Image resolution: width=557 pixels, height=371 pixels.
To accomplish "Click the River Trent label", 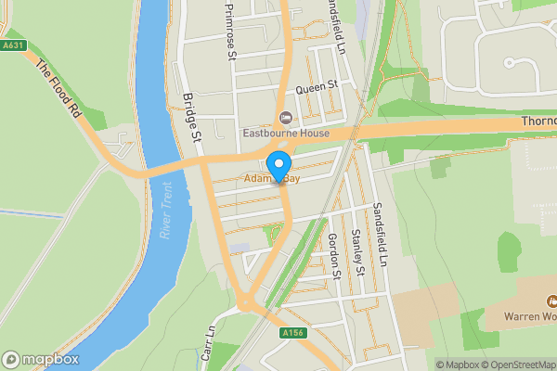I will pyautogui.click(x=166, y=212).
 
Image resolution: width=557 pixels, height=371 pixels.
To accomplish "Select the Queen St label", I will pyautogui.click(x=315, y=88).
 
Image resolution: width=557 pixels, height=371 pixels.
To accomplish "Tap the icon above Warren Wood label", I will pyautogui.click(x=551, y=301).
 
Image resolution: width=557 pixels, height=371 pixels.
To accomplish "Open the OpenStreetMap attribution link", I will pyautogui.click(x=513, y=364).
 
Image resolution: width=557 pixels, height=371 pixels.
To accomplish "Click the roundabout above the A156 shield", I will pyautogui.click(x=247, y=303).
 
